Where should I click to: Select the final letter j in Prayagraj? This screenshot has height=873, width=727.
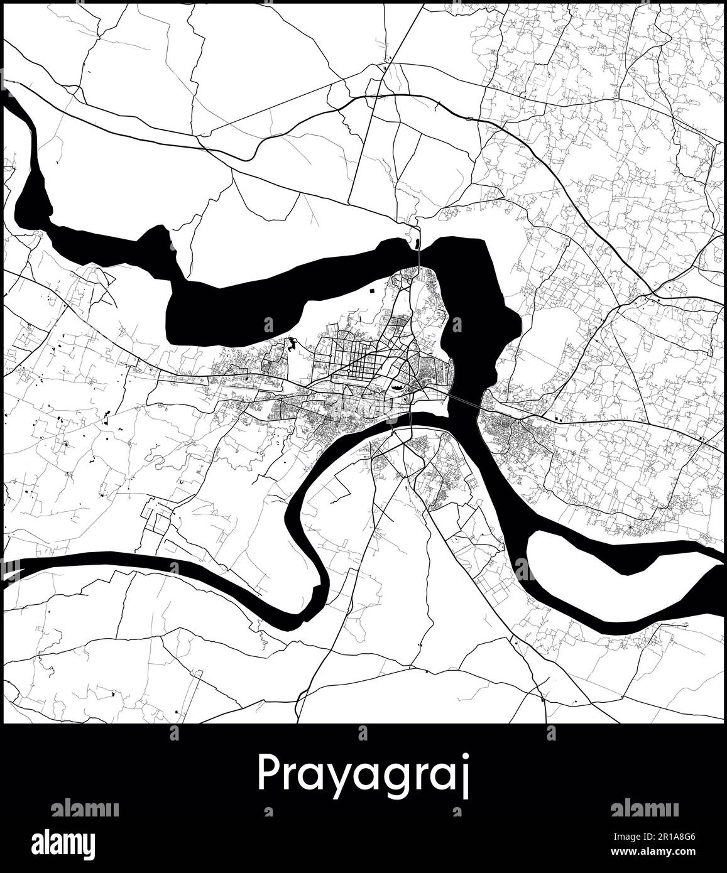pyautogui.click(x=466, y=778)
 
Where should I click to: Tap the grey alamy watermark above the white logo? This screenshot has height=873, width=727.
pyautogui.click(x=84, y=809)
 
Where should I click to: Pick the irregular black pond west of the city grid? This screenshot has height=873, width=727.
pyautogui.click(x=292, y=344)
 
